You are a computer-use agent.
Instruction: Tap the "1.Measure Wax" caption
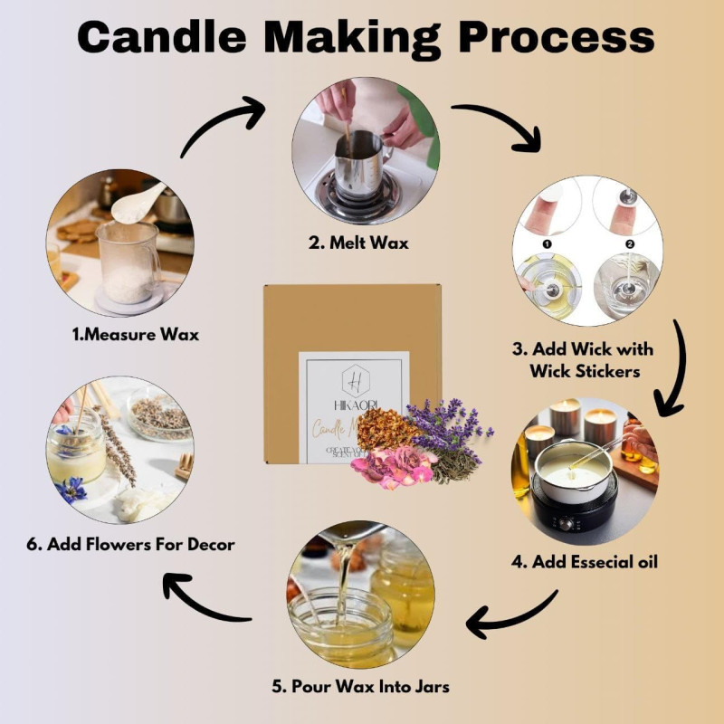136,334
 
